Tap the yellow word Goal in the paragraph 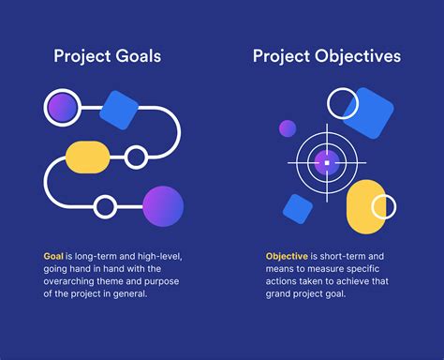(53, 255)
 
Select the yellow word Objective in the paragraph (287, 255)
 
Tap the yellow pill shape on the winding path (88, 157)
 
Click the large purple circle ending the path (162, 206)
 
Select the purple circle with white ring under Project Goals (63, 107)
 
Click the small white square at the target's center (327, 162)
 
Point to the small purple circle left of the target (287, 128)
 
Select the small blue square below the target (298, 208)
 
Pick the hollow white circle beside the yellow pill (136, 157)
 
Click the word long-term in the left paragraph (95, 255)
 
